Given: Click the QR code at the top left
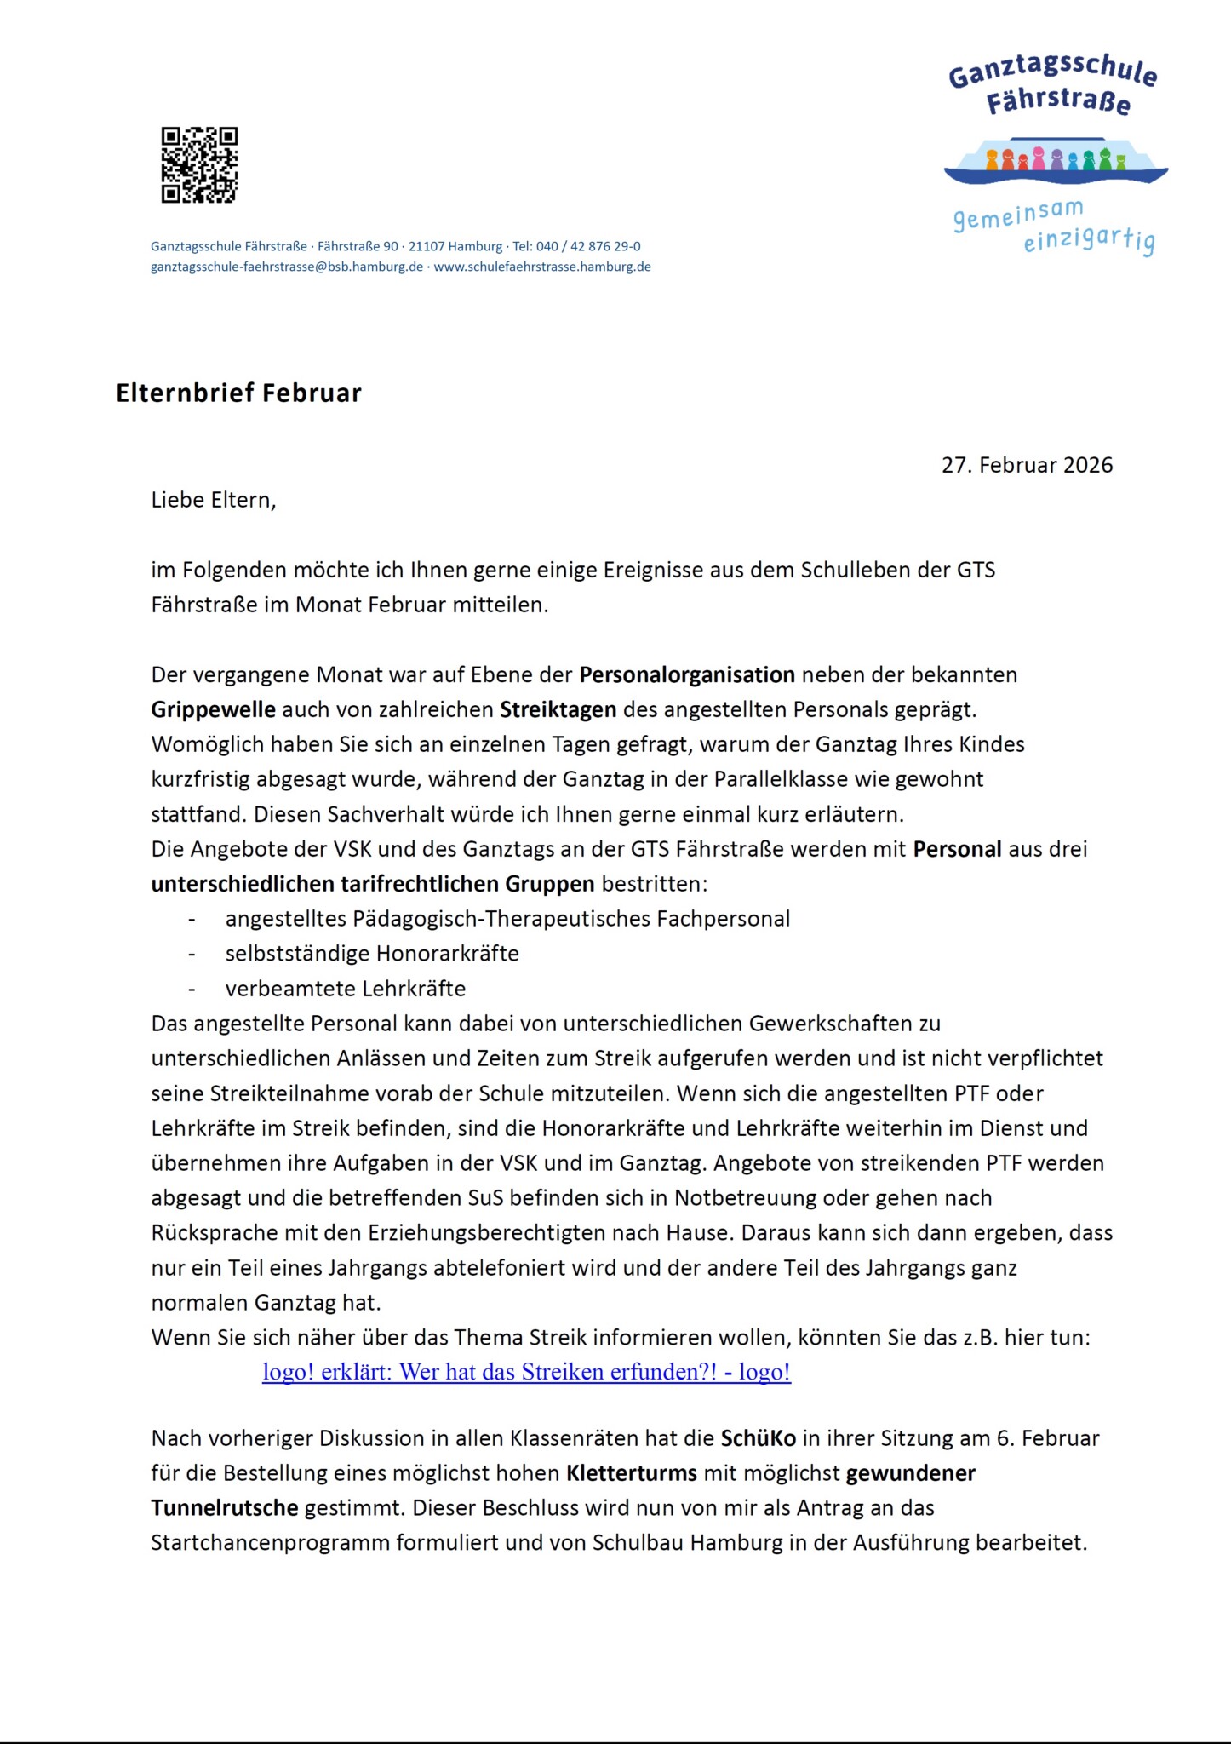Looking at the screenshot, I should pos(199,165).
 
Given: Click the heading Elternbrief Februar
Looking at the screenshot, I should pos(238,393).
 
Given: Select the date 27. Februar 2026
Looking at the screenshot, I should pos(1027,465).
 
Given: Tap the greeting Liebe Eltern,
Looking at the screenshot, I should pos(214,500).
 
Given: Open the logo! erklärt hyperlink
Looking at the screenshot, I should pos(526,1372).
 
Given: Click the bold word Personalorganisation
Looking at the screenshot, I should pos(687,674).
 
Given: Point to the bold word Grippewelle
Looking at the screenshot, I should pos(213,709).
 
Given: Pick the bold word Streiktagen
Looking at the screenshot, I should pos(558,709).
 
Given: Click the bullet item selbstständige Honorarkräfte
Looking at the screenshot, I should pos(372,953).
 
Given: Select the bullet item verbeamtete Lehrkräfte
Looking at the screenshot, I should pos(345,989).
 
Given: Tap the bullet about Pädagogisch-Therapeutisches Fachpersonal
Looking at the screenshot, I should pos(507,919).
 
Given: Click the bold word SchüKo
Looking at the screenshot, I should pos(758,1438).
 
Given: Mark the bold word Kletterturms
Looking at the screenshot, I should pos(632,1473).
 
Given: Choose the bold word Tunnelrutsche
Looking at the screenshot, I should pos(225,1508).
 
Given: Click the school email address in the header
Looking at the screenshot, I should pos(287,267).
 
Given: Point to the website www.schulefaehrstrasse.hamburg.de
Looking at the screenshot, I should pos(542,267).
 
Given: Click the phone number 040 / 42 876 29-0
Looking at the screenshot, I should pos(588,246).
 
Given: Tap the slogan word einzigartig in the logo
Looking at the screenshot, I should pos(1088,240).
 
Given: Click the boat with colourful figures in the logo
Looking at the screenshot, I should pos(1056,161).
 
